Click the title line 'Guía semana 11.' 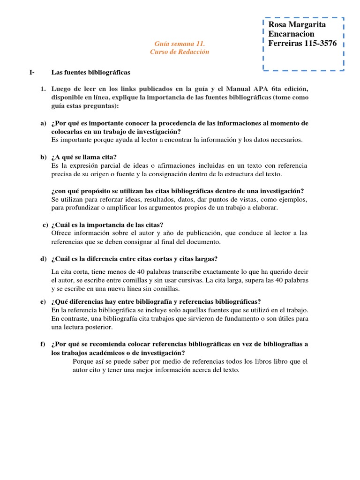tap(180, 44)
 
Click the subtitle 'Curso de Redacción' tap(180, 52)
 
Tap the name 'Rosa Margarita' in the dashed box tap(297, 24)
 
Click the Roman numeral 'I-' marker tap(32, 73)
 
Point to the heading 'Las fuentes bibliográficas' tap(90, 73)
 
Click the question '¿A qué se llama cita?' tap(84, 157)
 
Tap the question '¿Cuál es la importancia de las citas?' tap(107, 225)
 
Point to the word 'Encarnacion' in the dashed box tap(291, 34)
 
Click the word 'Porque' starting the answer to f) tap(83, 361)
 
